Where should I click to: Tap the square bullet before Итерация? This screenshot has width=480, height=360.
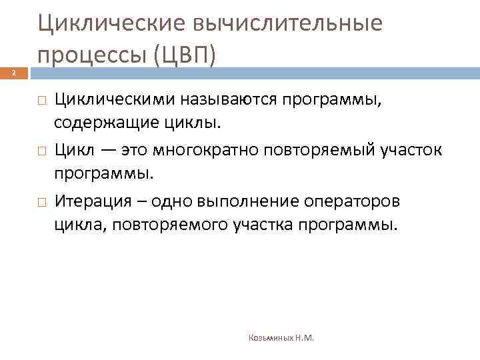click(41, 201)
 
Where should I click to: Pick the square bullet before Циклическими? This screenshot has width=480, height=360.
click(41, 99)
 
